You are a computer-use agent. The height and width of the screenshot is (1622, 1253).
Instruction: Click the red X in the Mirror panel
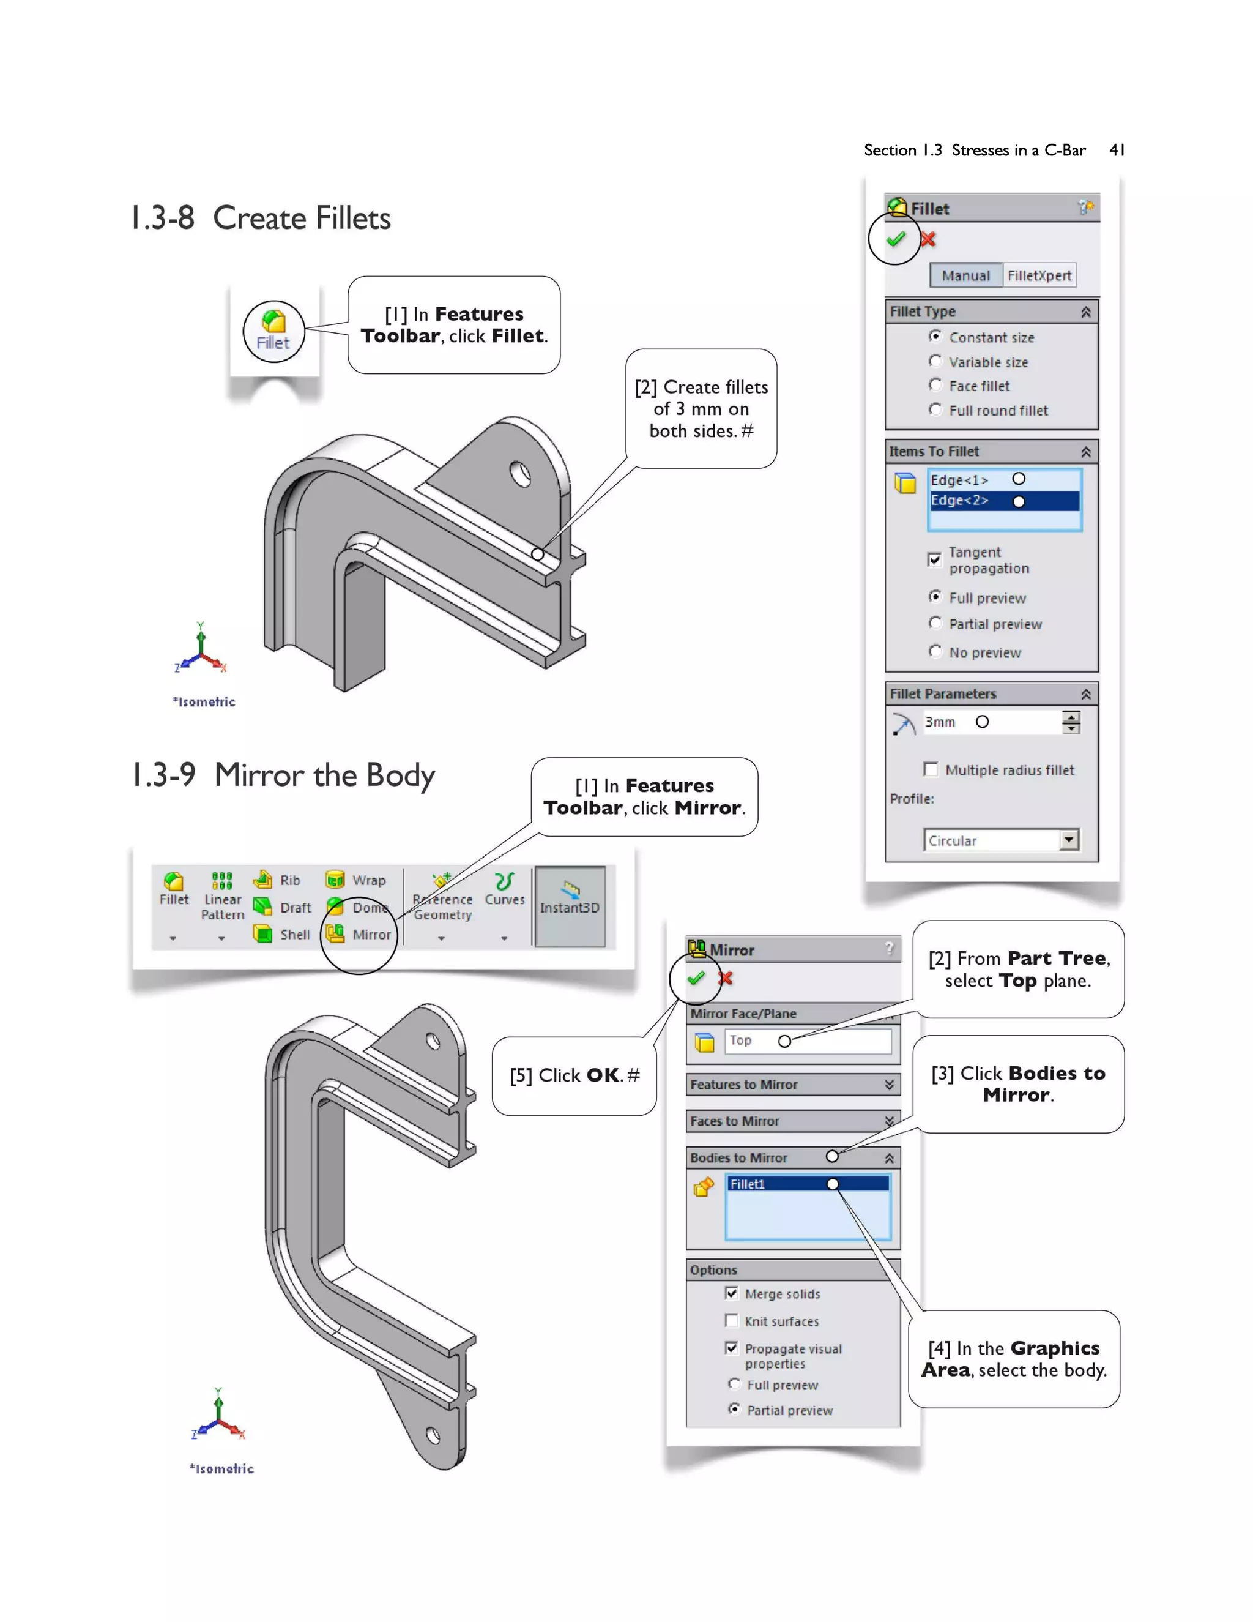pyautogui.click(x=725, y=978)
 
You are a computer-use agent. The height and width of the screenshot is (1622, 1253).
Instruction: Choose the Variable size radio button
pyautogui.click(x=935, y=361)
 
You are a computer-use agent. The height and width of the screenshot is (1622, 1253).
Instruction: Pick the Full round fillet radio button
pyautogui.click(x=935, y=409)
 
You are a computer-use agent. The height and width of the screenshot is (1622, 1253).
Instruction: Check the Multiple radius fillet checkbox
pyautogui.click(x=930, y=769)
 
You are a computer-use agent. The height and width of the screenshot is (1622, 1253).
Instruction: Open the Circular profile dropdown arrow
pyautogui.click(x=1068, y=839)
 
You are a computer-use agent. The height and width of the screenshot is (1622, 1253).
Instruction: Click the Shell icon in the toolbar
pyautogui.click(x=262, y=933)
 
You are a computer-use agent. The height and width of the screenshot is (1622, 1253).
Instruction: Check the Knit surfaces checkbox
pyautogui.click(x=731, y=1320)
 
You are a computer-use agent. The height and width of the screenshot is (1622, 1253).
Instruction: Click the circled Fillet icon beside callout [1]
pyautogui.click(x=273, y=331)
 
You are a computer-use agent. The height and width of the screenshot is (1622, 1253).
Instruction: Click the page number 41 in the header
pyautogui.click(x=1116, y=150)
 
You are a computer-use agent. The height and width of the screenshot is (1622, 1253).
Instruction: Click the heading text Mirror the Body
pyautogui.click(x=324, y=775)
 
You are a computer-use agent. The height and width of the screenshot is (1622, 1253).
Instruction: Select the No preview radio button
pyautogui.click(x=935, y=651)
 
